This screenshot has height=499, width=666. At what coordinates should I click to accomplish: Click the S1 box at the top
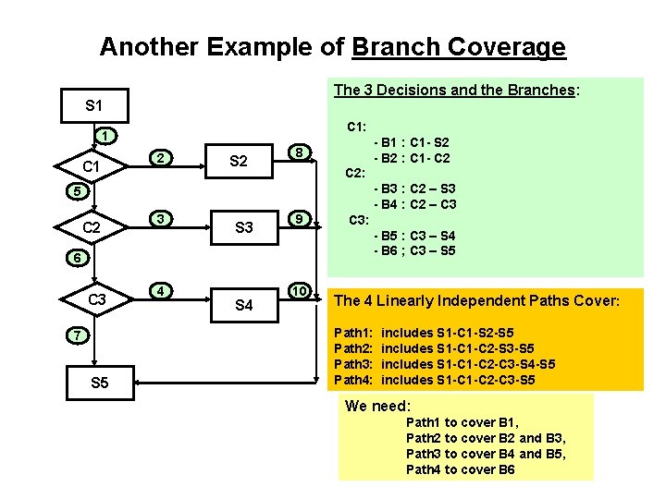(93, 106)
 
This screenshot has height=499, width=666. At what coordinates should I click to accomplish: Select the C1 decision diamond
(92, 167)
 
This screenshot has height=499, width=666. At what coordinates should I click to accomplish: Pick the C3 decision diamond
(96, 299)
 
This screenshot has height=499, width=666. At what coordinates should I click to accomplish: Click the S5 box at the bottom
(99, 383)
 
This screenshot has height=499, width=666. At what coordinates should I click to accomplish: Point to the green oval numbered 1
(106, 137)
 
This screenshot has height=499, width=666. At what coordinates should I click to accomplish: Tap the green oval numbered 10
(298, 291)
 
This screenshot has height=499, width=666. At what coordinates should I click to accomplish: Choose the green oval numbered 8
(298, 152)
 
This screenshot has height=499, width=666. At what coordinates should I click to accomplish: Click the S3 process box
(244, 227)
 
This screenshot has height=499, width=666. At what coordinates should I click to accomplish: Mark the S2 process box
(238, 162)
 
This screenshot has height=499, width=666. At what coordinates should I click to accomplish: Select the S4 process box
(244, 304)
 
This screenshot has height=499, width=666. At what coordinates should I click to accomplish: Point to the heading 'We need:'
(377, 406)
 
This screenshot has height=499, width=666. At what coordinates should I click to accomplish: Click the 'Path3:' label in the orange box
(353, 364)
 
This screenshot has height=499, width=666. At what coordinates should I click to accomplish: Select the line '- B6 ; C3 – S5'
(413, 250)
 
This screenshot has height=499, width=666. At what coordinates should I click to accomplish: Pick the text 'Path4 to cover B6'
(460, 469)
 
